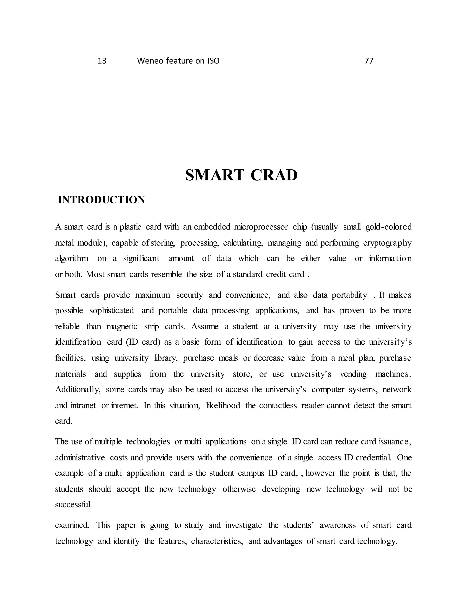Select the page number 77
pos(369,61)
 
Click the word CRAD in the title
pos(274,175)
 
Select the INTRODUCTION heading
pos(101,200)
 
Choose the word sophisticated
pos(112,310)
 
